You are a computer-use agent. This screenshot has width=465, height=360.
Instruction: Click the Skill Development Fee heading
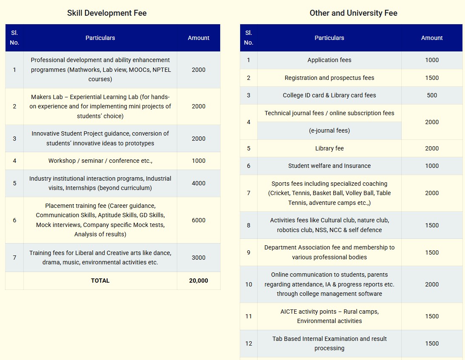[107, 13]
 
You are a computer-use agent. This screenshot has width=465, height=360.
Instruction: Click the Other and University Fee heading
[353, 13]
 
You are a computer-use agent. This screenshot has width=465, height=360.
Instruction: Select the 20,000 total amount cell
[198, 281]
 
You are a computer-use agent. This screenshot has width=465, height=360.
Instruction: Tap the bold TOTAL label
[100, 281]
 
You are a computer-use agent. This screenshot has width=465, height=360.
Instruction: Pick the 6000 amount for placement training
[198, 220]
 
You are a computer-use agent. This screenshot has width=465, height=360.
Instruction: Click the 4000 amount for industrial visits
[198, 183]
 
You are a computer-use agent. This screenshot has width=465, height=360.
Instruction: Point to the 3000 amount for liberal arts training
[198, 258]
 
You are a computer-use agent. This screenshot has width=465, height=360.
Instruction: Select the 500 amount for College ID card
[432, 95]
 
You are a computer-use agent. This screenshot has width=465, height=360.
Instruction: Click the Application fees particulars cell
[329, 60]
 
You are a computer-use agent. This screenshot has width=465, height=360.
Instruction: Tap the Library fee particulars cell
[329, 148]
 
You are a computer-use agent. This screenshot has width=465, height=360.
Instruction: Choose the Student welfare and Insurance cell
[329, 166]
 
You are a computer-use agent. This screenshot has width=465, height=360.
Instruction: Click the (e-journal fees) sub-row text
[329, 130]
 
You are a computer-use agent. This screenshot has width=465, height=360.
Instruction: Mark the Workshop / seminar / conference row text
[100, 161]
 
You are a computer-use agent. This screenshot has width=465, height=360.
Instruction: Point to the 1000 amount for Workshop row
[198, 161]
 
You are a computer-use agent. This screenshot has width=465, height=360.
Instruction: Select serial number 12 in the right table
[249, 343]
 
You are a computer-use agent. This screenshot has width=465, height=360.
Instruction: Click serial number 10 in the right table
[249, 284]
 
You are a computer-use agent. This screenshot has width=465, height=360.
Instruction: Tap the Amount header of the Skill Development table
[198, 38]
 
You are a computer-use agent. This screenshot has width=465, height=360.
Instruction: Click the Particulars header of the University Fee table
[329, 38]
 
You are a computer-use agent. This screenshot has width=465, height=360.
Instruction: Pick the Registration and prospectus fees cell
[329, 78]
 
